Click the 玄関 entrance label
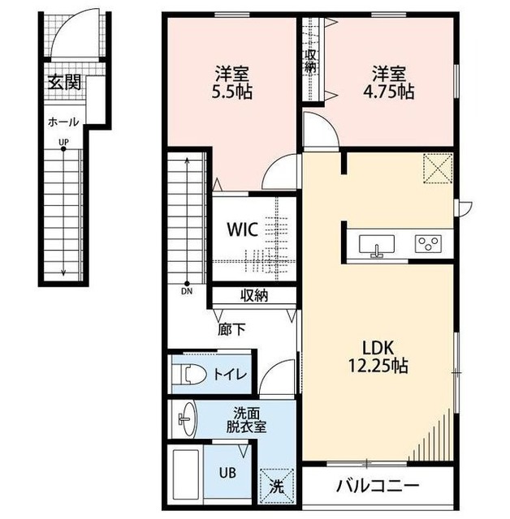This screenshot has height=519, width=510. click(65, 83)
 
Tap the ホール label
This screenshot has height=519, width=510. click(63, 122)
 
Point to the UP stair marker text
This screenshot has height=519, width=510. click(63, 143)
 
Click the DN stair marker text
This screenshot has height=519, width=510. click(187, 292)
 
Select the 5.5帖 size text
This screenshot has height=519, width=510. click(232, 92)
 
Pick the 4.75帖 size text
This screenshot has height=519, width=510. click(388, 92)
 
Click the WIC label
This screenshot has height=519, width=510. click(242, 229)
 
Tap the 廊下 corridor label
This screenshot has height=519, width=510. click(231, 329)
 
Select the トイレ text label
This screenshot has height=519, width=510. click(231, 375)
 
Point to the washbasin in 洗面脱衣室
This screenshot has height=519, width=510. click(188, 419)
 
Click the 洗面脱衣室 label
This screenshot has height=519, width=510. click(246, 420)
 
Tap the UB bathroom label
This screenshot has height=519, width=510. click(227, 473)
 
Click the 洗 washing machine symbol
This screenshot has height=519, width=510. click(277, 487)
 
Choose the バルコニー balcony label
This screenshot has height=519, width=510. click(378, 487)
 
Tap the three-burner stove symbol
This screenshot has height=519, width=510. click(428, 243)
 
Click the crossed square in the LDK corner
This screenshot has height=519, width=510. click(438, 168)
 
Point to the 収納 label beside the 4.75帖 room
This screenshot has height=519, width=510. click(310, 61)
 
